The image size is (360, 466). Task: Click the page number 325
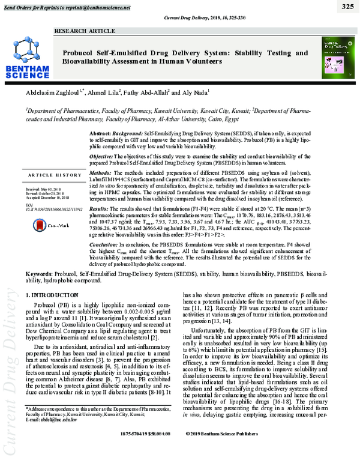pyautogui.click(x=347, y=7)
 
